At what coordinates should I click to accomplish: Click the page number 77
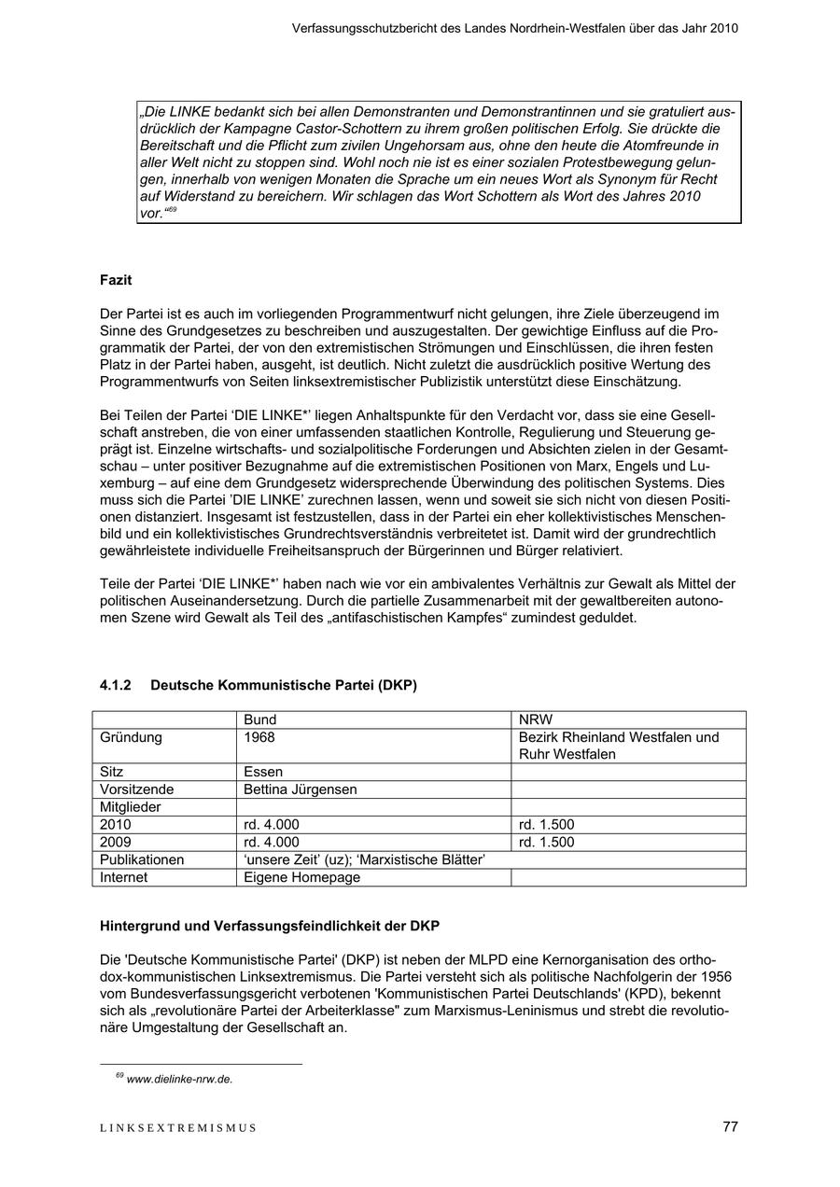coord(730,1126)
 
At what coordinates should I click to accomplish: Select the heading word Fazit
coord(116,280)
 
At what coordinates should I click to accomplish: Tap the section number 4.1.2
coord(116,685)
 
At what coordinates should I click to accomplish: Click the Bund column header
coord(259,719)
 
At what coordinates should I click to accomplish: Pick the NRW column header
coord(535,719)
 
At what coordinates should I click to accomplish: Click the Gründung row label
coord(131,737)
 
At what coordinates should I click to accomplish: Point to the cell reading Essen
coord(263,772)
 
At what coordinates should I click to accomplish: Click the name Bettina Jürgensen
coord(300,789)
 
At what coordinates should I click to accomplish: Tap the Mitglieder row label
coord(131,807)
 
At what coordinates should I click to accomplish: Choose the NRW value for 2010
coord(546,825)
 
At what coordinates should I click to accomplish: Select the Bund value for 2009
coord(271,842)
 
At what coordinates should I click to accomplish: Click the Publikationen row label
coord(143,859)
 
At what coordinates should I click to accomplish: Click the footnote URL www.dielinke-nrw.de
coord(179,1079)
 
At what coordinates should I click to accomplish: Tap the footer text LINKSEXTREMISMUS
coord(177,1127)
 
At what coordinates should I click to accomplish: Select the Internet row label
coord(124,877)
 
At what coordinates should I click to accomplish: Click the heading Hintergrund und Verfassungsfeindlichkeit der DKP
coord(270,926)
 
